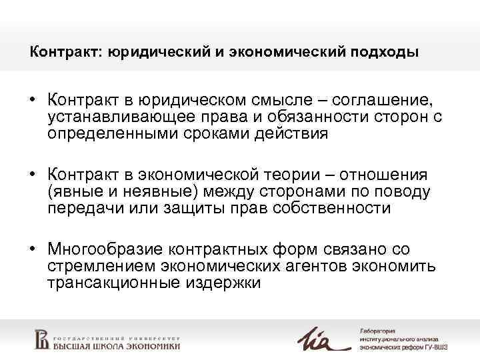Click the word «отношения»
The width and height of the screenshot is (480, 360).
[x=385, y=175]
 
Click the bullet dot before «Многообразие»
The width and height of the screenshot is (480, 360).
[x=32, y=250]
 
